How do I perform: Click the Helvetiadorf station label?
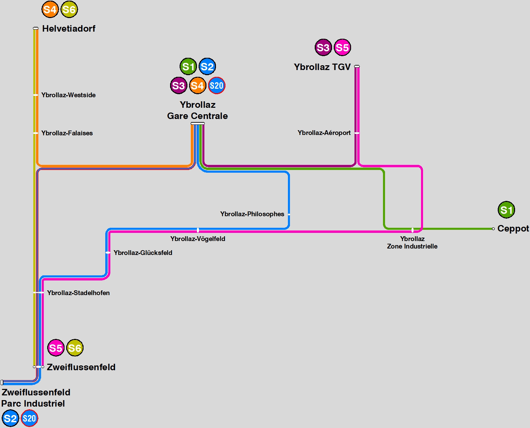[x=69, y=29]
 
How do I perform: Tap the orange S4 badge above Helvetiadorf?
[x=50, y=10]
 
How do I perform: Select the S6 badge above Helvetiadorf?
[x=69, y=10]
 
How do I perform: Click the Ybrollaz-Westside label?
[x=68, y=95]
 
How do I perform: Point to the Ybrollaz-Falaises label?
[x=67, y=133]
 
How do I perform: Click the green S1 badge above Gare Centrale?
[x=188, y=67]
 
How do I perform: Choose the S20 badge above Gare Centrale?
[x=216, y=85]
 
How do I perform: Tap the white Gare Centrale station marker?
[x=198, y=123]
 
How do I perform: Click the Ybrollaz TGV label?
[x=322, y=67]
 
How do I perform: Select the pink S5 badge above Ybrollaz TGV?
[x=342, y=48]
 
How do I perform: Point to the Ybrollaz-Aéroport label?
[x=324, y=133]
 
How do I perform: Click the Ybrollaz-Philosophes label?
[x=252, y=214]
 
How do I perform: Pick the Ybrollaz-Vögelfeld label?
[x=198, y=239]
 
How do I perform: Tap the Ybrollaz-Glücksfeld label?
[x=143, y=253]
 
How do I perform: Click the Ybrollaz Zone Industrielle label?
[x=412, y=243]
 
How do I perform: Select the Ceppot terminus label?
[x=513, y=229]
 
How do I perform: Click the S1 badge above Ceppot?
[x=506, y=210]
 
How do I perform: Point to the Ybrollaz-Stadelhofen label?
[x=78, y=293]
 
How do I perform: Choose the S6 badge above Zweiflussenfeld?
[x=75, y=348]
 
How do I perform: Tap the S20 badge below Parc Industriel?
[x=30, y=418]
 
